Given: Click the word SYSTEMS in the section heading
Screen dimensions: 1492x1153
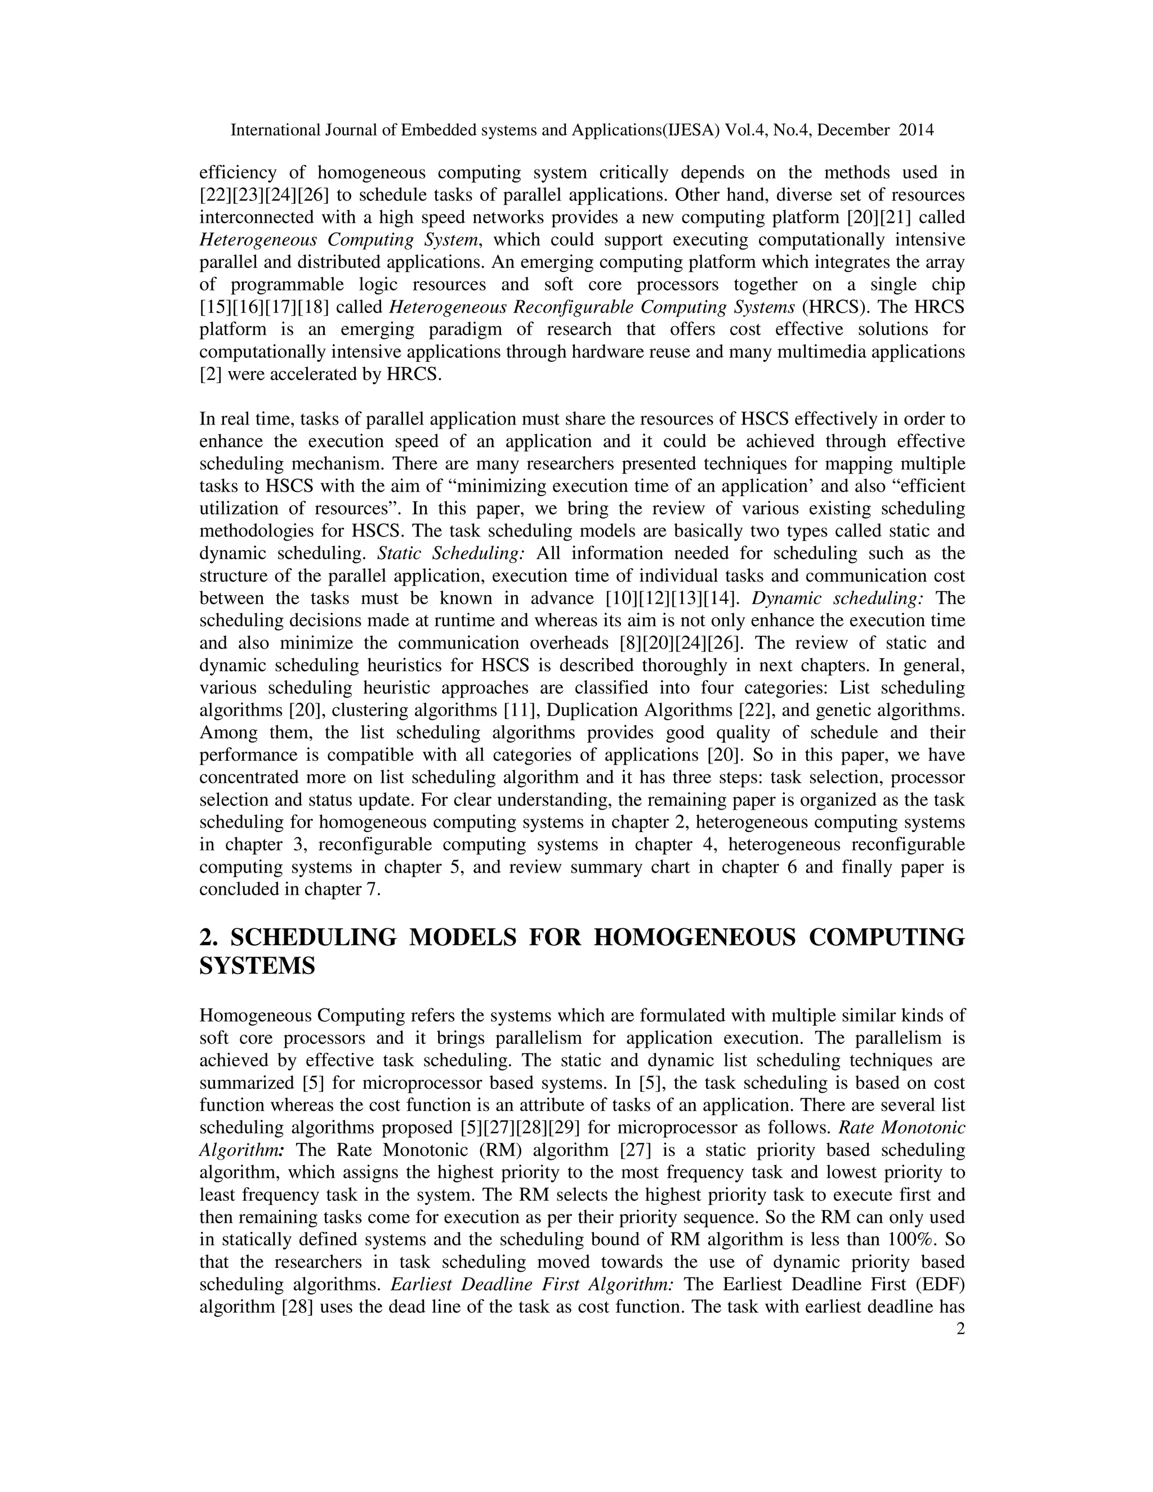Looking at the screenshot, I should pyautogui.click(x=257, y=966).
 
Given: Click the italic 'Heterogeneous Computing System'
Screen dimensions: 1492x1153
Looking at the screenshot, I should pyautogui.click(x=339, y=240).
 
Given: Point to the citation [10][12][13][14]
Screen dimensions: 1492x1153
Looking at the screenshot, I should pyautogui.click(x=673, y=598).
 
